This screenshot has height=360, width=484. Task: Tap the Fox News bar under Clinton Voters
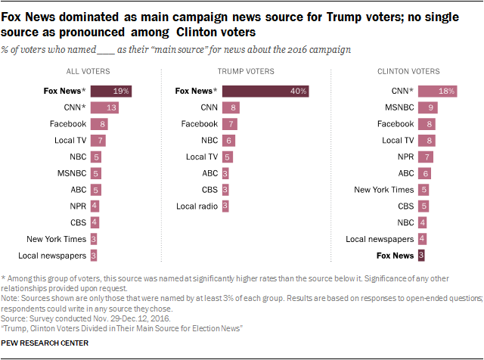click(421, 256)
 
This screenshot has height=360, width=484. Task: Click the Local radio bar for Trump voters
click(225, 206)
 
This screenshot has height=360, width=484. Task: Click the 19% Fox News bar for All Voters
click(112, 92)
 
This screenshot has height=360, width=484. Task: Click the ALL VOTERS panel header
click(88, 71)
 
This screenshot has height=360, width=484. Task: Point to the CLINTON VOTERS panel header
click(408, 71)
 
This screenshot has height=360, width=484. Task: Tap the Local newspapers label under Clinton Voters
click(380, 239)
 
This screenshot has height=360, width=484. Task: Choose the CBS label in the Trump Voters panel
click(208, 190)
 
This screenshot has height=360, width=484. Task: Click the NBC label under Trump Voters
click(208, 141)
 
